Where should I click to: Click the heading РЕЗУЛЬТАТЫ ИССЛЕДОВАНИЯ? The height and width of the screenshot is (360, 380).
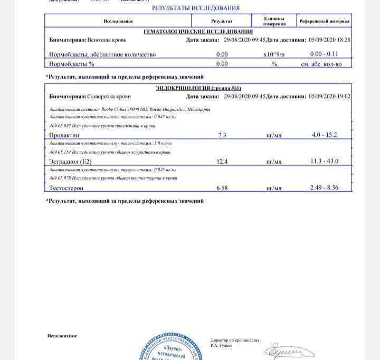(x=196, y=8)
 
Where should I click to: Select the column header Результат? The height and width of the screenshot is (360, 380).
(x=222, y=21)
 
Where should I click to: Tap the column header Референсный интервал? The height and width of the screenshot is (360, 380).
(x=324, y=21)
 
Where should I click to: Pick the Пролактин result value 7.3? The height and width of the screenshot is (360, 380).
(x=222, y=136)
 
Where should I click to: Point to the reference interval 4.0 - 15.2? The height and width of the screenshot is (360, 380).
(x=325, y=135)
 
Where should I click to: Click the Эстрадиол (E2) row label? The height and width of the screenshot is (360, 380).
(x=71, y=162)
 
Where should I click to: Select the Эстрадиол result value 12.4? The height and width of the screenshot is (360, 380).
(x=222, y=162)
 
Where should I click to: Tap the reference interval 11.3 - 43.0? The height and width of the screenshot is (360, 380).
(x=325, y=161)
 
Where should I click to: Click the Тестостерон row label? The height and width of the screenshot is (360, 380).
(x=66, y=187)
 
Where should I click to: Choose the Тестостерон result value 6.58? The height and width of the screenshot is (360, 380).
(x=222, y=187)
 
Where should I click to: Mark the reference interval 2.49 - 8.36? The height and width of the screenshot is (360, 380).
(x=325, y=187)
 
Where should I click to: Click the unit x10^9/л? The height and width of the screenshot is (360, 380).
(x=274, y=54)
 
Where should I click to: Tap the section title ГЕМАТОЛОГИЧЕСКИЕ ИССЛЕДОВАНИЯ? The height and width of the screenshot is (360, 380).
(x=198, y=32)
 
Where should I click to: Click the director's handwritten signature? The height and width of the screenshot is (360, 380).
(x=289, y=351)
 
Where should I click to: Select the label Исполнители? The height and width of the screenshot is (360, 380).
(x=62, y=336)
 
